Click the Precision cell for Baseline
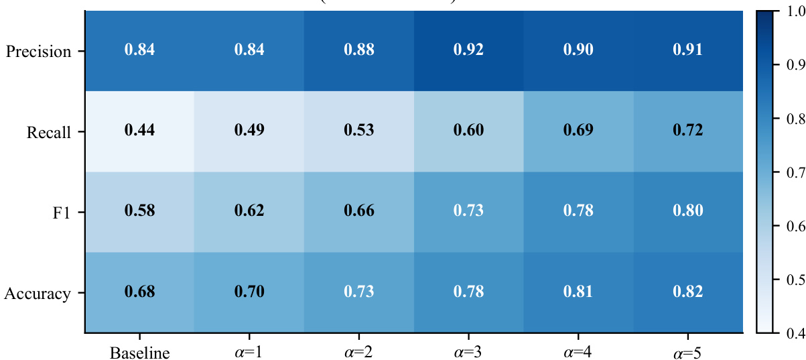(140, 50)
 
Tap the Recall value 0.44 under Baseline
(140, 131)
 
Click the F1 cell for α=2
(360, 211)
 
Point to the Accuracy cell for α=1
(250, 292)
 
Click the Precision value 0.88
(360, 50)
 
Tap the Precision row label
(38, 52)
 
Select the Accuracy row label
(38, 294)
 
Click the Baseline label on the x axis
(139, 352)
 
